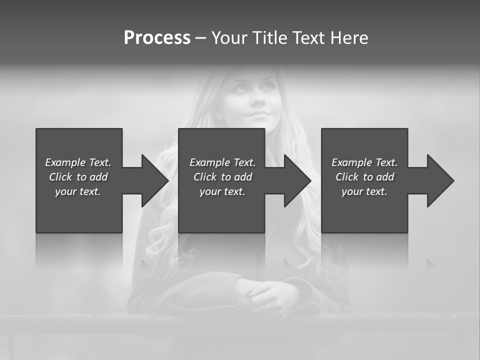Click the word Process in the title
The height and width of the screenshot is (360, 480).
tap(157, 38)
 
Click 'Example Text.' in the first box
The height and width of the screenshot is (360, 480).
tap(78, 162)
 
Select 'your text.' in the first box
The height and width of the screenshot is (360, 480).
tap(78, 191)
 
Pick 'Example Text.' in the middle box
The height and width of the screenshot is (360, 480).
tap(222, 162)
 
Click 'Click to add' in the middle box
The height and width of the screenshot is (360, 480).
tap(222, 177)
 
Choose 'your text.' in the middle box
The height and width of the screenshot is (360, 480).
tap(222, 191)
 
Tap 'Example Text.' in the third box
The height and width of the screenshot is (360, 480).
tap(364, 162)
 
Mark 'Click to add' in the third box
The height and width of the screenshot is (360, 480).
tap(364, 177)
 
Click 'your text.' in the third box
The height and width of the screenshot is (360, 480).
tap(364, 191)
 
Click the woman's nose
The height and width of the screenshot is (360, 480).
tap(257, 100)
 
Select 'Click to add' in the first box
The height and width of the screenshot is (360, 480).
tap(78, 177)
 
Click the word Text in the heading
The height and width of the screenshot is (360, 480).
tap(310, 38)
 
